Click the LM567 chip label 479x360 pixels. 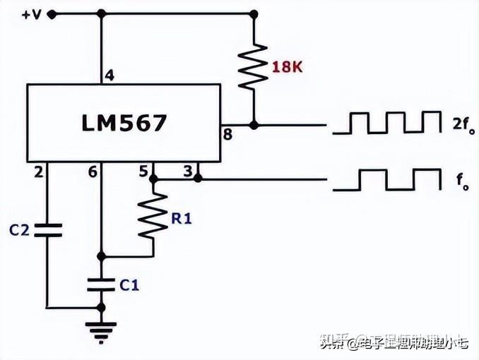[124, 123]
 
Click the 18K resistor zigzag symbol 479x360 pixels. [252, 67]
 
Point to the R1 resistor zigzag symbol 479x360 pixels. [153, 217]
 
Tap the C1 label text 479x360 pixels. [129, 285]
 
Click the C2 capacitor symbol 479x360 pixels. [48, 229]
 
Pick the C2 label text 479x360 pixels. [19, 229]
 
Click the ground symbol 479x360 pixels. [102, 330]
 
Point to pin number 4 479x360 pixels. [109, 75]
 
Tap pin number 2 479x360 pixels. [38, 171]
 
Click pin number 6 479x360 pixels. [92, 171]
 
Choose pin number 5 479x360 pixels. [144, 171]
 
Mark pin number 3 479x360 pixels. [187, 171]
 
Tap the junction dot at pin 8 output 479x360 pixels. [252, 125]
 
